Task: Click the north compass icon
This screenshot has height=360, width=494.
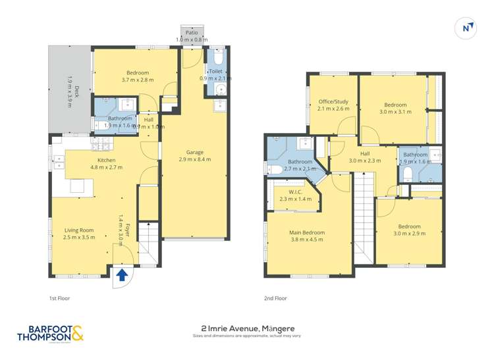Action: tap(466, 28)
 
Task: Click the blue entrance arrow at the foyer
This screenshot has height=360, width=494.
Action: tap(122, 274)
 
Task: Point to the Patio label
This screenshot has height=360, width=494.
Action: tap(192, 32)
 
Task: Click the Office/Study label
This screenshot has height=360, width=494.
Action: tap(333, 101)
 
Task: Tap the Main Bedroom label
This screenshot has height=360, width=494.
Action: tap(307, 232)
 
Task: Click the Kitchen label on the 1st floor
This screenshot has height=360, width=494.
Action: tap(106, 160)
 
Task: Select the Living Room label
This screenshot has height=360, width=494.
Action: tap(78, 230)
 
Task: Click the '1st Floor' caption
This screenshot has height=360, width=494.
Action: tap(59, 298)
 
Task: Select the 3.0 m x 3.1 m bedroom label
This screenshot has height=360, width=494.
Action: tap(395, 105)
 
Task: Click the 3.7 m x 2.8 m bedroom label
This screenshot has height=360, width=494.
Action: tap(138, 72)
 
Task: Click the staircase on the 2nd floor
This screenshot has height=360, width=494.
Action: tap(364, 217)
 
